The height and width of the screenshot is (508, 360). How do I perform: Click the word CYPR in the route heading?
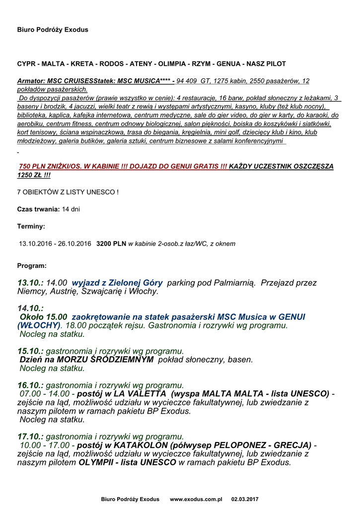tap(26, 64)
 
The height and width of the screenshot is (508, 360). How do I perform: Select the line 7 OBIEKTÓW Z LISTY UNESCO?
tap(68, 192)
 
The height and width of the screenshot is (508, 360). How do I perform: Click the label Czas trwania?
tap(39, 209)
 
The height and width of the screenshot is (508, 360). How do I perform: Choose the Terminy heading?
tap(31, 226)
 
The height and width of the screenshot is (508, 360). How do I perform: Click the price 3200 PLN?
tap(111, 244)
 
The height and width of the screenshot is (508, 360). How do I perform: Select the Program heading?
tap(32, 265)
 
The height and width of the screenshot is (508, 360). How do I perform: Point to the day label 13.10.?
tap(30, 283)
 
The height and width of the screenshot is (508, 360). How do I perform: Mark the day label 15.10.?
tap(30, 351)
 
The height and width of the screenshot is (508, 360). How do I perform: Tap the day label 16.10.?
tap(30, 385)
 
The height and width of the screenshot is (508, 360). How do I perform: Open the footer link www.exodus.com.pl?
tap(196, 499)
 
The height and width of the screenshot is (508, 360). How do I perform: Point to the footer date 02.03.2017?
tap(245, 499)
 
